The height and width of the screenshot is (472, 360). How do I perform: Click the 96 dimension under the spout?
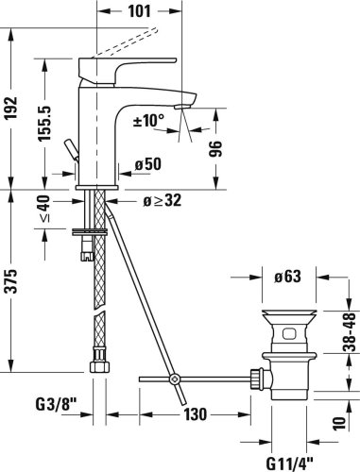pos(216,147)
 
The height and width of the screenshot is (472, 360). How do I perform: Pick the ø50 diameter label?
pos(148,164)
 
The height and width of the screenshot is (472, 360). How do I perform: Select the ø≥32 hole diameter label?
pos(163,201)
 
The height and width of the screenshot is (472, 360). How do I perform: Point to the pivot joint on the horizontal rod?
pos(173,380)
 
